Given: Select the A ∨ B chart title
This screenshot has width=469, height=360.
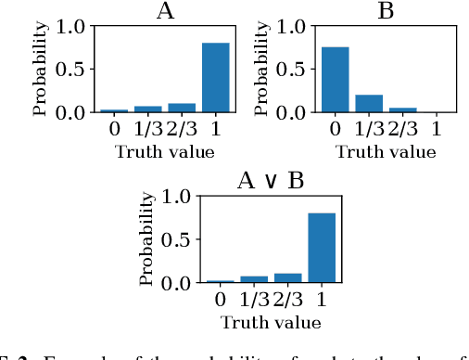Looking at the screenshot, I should pos(271,182).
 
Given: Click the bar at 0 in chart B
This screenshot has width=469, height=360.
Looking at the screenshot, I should pos(335,80).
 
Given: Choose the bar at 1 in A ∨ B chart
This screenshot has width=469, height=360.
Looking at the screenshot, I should pos(322,248).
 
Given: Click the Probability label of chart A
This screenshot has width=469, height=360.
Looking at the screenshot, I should pos(40,71).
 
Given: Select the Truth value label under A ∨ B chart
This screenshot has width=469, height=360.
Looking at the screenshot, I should pos(271,323).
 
